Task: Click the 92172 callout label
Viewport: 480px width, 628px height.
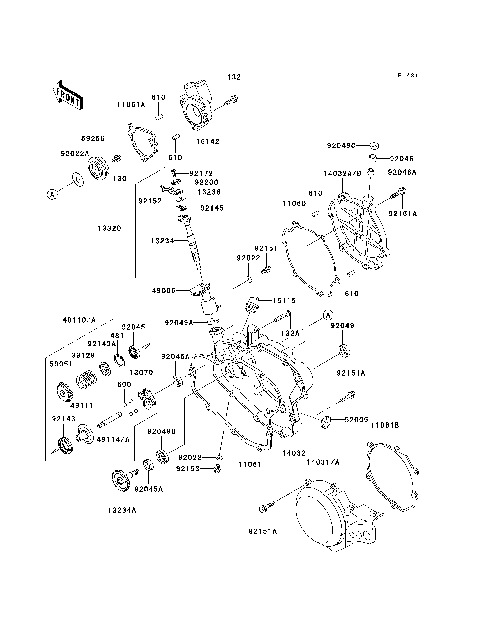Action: click(203, 172)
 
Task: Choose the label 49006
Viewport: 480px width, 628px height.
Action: click(163, 291)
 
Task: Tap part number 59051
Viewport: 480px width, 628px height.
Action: click(63, 366)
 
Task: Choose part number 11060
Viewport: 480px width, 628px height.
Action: click(294, 203)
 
